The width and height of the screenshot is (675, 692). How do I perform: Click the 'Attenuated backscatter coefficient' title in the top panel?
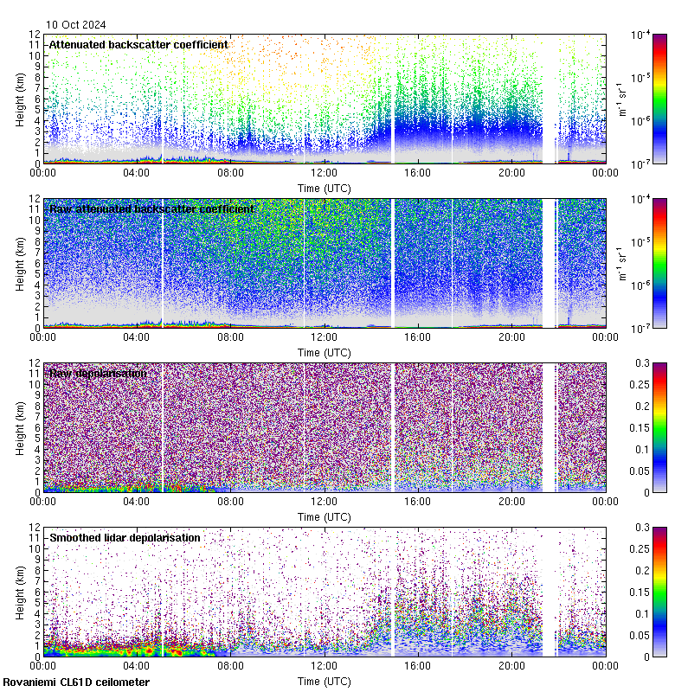(138, 44)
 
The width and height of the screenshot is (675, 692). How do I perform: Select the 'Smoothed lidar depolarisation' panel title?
(125, 537)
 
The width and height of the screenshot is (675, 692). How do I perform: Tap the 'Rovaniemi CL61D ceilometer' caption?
(76, 682)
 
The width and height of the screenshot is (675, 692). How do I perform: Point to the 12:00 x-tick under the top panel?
(325, 172)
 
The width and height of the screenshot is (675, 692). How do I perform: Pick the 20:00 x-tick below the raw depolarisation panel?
(511, 501)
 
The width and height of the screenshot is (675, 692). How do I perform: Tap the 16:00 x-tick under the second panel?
(418, 336)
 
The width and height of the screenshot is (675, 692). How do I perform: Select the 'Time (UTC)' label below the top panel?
(325, 188)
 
